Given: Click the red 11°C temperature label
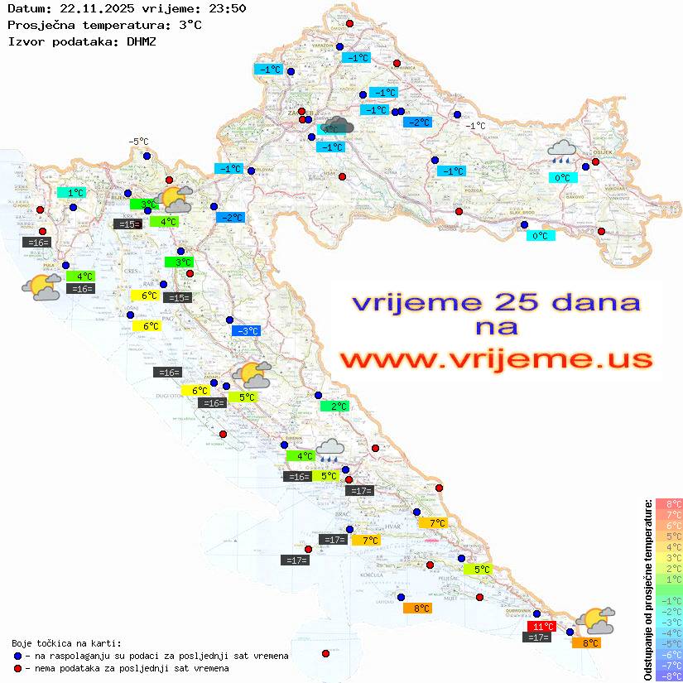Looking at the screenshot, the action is [542, 626].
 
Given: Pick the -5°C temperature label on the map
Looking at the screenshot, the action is [137, 142].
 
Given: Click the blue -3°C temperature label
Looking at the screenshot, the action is [247, 331].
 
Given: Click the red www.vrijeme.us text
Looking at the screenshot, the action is [495, 359].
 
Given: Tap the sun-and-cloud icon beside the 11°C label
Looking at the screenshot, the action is [594, 620].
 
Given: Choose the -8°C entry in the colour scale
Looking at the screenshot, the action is [668, 676].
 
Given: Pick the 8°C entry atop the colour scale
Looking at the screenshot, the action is [668, 504].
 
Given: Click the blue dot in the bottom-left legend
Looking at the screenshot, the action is [18, 656].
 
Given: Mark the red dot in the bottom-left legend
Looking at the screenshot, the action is [18, 668].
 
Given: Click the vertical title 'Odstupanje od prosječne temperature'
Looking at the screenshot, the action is [647, 589].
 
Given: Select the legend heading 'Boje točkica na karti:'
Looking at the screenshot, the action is [66, 643].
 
